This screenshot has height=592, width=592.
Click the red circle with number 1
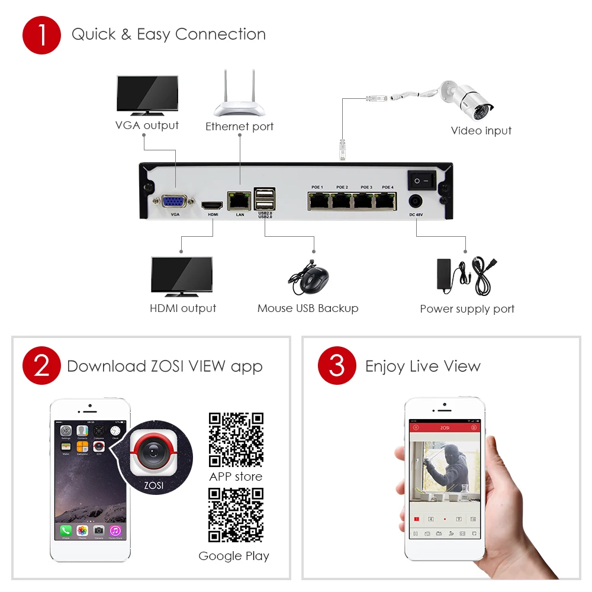tap(42, 35)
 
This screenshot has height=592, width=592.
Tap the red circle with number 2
tap(42, 366)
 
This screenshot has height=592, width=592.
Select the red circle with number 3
tap(337, 366)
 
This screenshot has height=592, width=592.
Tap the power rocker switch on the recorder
tap(421, 179)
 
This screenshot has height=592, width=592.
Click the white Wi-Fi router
tap(239, 101)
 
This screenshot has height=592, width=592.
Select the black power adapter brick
tap(445, 274)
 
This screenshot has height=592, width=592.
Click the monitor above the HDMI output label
tap(182, 276)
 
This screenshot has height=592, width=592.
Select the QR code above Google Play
tap(236, 515)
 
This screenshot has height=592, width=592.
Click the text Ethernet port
tap(239, 126)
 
